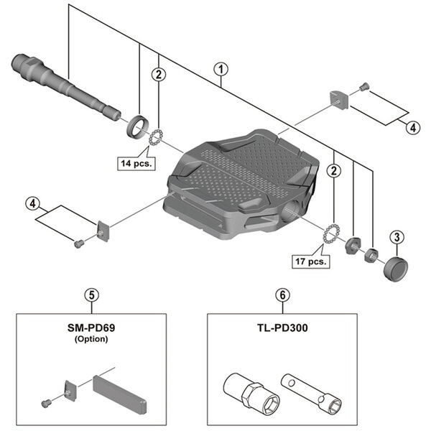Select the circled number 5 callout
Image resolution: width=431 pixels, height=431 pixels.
click(90, 294)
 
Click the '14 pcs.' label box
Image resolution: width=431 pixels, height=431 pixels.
click(134, 163)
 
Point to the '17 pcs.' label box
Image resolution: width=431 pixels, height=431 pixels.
click(311, 261)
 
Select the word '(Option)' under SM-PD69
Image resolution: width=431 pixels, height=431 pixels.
click(91, 338)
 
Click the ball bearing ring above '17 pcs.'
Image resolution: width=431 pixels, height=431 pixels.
click(333, 234)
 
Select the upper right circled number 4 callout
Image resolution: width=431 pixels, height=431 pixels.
click(412, 127)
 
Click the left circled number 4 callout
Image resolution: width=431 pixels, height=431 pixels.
click(32, 203)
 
